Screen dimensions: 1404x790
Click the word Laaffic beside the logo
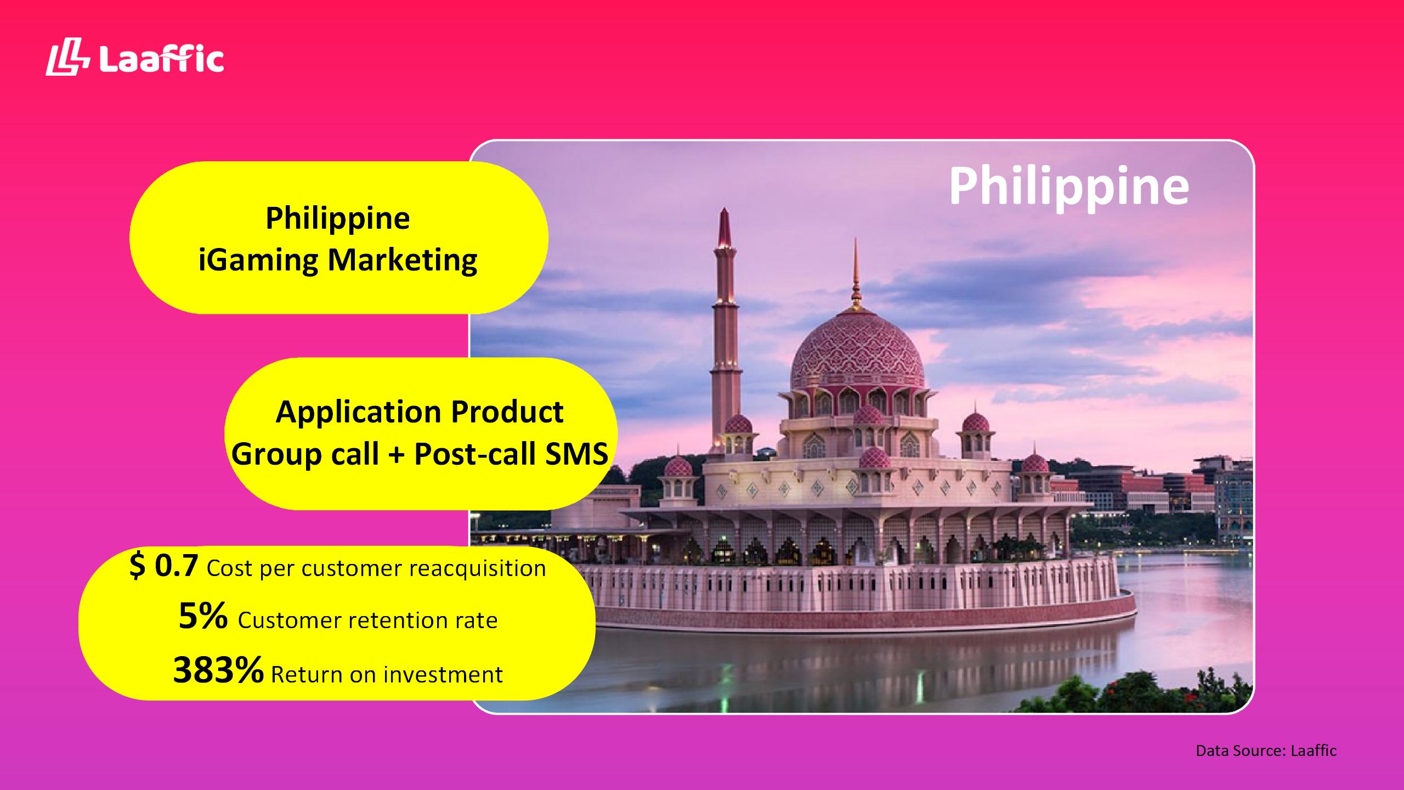coord(162,59)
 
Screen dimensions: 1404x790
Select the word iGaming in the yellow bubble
coord(258,260)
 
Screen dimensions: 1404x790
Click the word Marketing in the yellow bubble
coord(403,260)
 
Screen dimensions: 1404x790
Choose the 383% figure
coord(218,670)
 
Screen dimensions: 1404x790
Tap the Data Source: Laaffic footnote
coord(1266,751)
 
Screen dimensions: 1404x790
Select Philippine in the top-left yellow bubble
coord(338,219)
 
